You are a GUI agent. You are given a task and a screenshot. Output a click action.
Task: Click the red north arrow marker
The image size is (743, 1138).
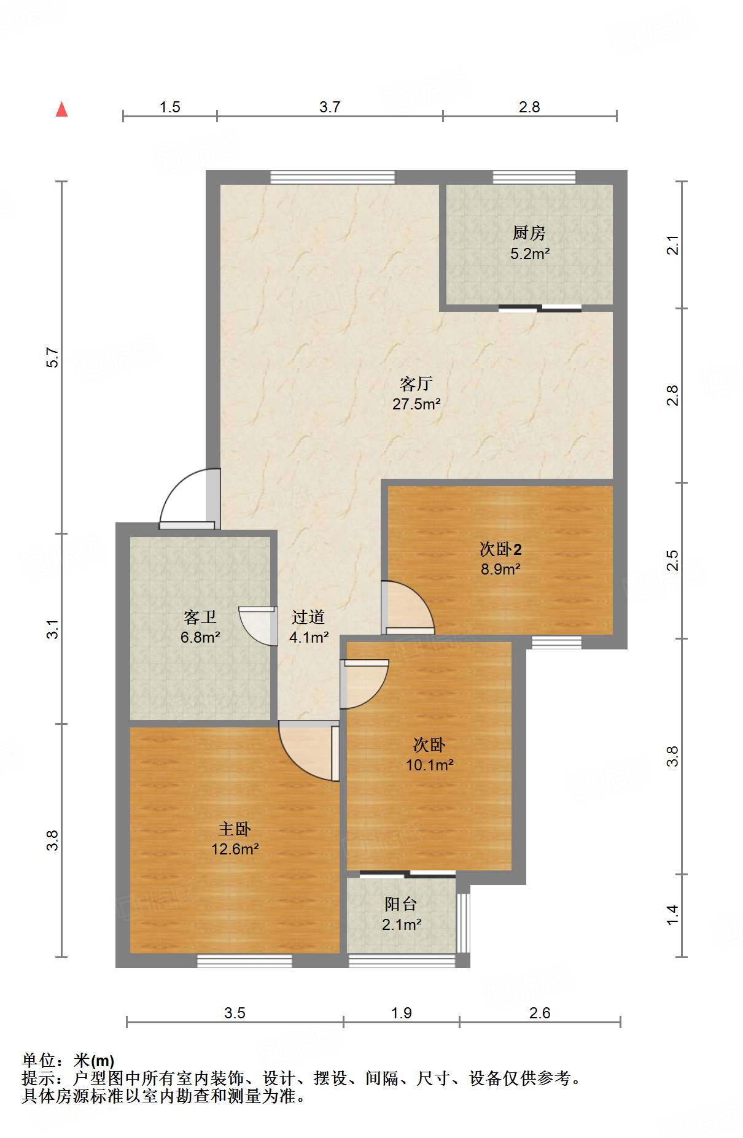pyautogui.click(x=61, y=109)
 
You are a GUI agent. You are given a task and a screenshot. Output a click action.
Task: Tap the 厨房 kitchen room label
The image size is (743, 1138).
pyautogui.click(x=529, y=233)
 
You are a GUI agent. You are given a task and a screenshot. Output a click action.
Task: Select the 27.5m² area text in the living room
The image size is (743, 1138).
pyautogui.click(x=416, y=404)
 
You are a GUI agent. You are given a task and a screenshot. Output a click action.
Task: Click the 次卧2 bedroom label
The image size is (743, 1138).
pyautogui.click(x=500, y=549)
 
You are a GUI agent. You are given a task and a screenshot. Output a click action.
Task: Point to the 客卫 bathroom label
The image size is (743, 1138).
pyautogui.click(x=200, y=617)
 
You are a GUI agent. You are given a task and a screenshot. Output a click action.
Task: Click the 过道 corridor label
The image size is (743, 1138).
pyautogui.click(x=308, y=617)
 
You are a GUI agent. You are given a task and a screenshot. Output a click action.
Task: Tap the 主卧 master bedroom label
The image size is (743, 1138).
pyautogui.click(x=235, y=829)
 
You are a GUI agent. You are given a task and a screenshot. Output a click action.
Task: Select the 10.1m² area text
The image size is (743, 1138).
pyautogui.click(x=429, y=765)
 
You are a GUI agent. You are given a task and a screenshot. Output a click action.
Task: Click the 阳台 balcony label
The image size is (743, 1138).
pyautogui.click(x=400, y=904)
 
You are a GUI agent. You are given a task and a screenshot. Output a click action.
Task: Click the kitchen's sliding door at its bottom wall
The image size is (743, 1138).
pyautogui.click(x=540, y=308)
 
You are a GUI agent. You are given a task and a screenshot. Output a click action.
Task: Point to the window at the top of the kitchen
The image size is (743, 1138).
pyautogui.click(x=534, y=177)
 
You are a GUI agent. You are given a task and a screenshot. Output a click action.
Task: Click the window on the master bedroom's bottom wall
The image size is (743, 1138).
pyautogui.click(x=244, y=961)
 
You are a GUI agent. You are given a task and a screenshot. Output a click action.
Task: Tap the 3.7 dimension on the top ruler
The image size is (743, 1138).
pyautogui.click(x=329, y=107)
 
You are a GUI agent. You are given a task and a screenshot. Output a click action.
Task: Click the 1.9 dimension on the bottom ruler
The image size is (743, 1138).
pyautogui.click(x=401, y=1013)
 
